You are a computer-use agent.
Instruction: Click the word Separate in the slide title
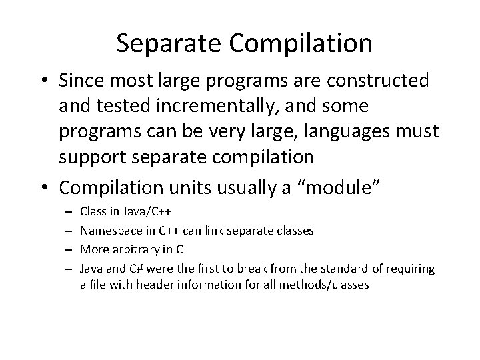pyautogui.click(x=171, y=43)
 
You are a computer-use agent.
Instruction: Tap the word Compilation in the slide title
pyautogui.click(x=301, y=43)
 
